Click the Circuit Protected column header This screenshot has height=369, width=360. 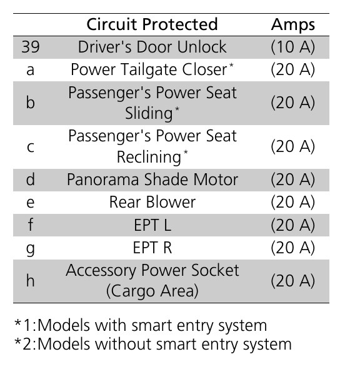coord(152,24)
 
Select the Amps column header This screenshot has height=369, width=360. coord(292,25)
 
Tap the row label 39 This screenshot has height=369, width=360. coord(31,47)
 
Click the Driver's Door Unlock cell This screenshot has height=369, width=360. coord(152,47)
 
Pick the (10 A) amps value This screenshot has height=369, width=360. coord(292,47)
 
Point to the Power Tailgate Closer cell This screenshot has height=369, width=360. coord(152,69)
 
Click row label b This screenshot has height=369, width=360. coord(31,103)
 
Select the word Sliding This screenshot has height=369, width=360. coord(149,114)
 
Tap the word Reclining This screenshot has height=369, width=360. coord(149,157)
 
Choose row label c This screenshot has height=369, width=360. coord(31,147)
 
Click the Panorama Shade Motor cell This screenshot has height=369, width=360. coord(152,179)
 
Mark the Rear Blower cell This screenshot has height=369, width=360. coord(152,202)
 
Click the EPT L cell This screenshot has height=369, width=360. coord(152,225)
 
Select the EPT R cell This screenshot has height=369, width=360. coord(152,248)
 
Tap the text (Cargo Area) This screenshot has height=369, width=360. coord(152,291)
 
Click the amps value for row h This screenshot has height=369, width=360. coord(292,281)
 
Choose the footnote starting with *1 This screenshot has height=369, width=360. coord(141,326)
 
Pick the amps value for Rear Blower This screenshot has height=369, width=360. coord(292,202)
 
